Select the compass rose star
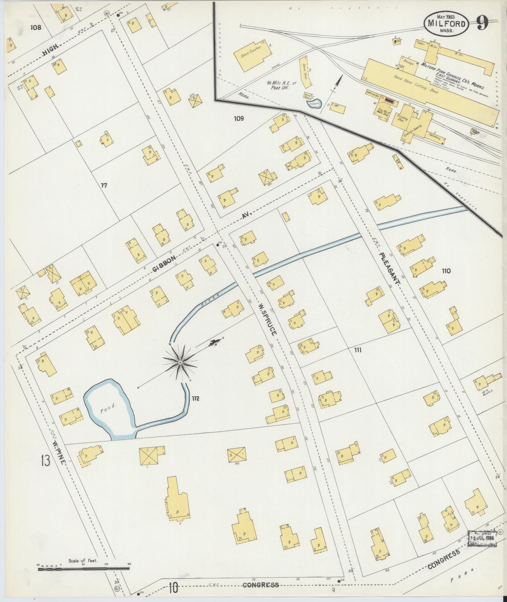(x=180, y=363)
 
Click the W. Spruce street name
(x=268, y=319)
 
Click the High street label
(x=51, y=50)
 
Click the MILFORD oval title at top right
(x=446, y=24)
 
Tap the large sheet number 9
(x=482, y=23)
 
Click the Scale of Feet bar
(x=83, y=569)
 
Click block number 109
(x=239, y=119)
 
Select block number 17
(x=104, y=185)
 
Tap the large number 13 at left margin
(x=45, y=462)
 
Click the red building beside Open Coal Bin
(x=389, y=101)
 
